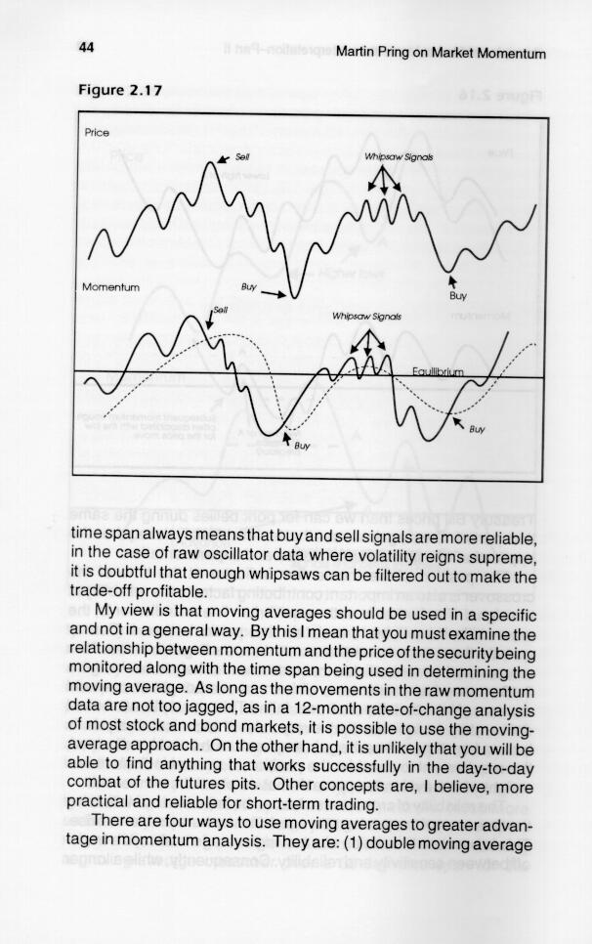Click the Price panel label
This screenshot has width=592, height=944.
click(98, 131)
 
